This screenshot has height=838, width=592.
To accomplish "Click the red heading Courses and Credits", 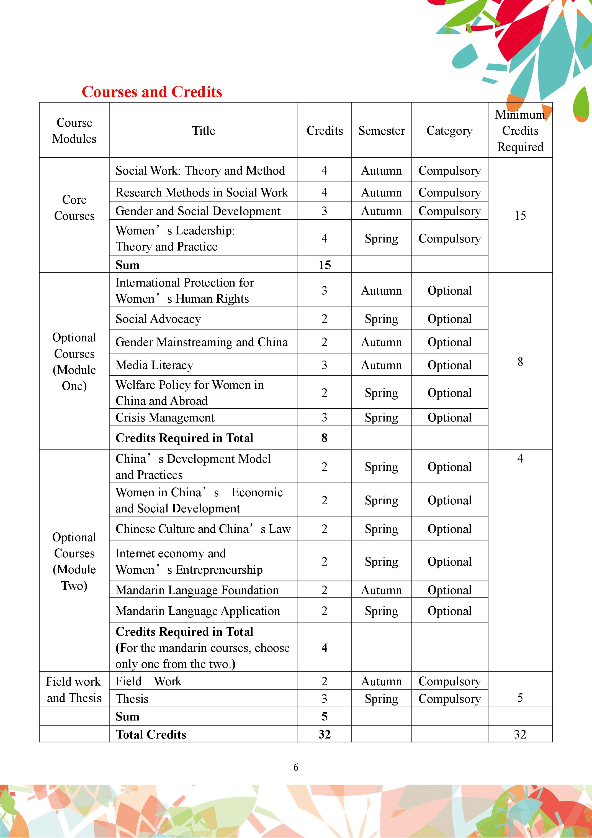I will [152, 92].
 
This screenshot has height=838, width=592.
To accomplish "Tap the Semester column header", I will [382, 131].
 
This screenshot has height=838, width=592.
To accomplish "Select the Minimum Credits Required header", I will [520, 131].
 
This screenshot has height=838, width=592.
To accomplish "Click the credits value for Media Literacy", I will [324, 365].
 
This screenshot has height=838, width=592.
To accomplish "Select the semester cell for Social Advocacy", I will [382, 319].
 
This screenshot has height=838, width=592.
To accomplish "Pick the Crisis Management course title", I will [165, 418].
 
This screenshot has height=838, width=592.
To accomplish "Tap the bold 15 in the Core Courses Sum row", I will [324, 265].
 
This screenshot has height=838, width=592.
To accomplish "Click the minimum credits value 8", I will [520, 362].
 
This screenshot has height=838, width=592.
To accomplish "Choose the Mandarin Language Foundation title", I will [197, 590].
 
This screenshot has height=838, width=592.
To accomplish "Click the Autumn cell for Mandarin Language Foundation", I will [382, 590].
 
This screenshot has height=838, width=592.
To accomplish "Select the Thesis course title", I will [132, 699].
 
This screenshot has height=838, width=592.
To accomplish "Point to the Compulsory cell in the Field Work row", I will [449, 681].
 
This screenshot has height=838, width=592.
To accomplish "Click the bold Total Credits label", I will [151, 734].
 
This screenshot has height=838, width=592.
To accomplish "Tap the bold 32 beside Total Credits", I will [324, 734].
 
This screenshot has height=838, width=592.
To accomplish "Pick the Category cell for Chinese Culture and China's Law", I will [449, 529].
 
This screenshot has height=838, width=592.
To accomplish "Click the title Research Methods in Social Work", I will [202, 192].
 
